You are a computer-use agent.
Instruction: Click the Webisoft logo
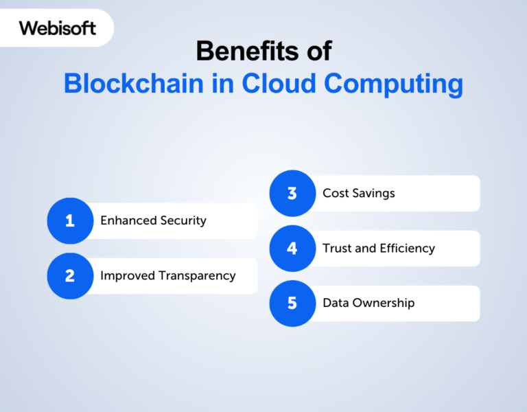pos(58,28)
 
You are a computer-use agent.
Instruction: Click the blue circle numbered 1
pos(70,220)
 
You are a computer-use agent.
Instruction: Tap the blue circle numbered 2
pos(70,275)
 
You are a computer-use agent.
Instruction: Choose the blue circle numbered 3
pos(292,193)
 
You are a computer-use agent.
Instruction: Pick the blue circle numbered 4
pos(292,248)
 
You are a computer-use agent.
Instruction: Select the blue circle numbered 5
pos(292,303)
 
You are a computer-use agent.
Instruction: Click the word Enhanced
pos(128,220)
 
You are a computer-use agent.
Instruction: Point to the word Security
pos(183,221)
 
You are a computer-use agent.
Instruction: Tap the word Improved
pos(127,276)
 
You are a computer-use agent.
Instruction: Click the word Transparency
pos(197,276)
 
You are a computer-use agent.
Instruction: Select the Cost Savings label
pos(359,193)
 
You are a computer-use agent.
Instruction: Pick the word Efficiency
pos(408,249)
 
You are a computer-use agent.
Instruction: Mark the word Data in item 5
pos(336,303)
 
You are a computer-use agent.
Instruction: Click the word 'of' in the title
pos(318,51)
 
